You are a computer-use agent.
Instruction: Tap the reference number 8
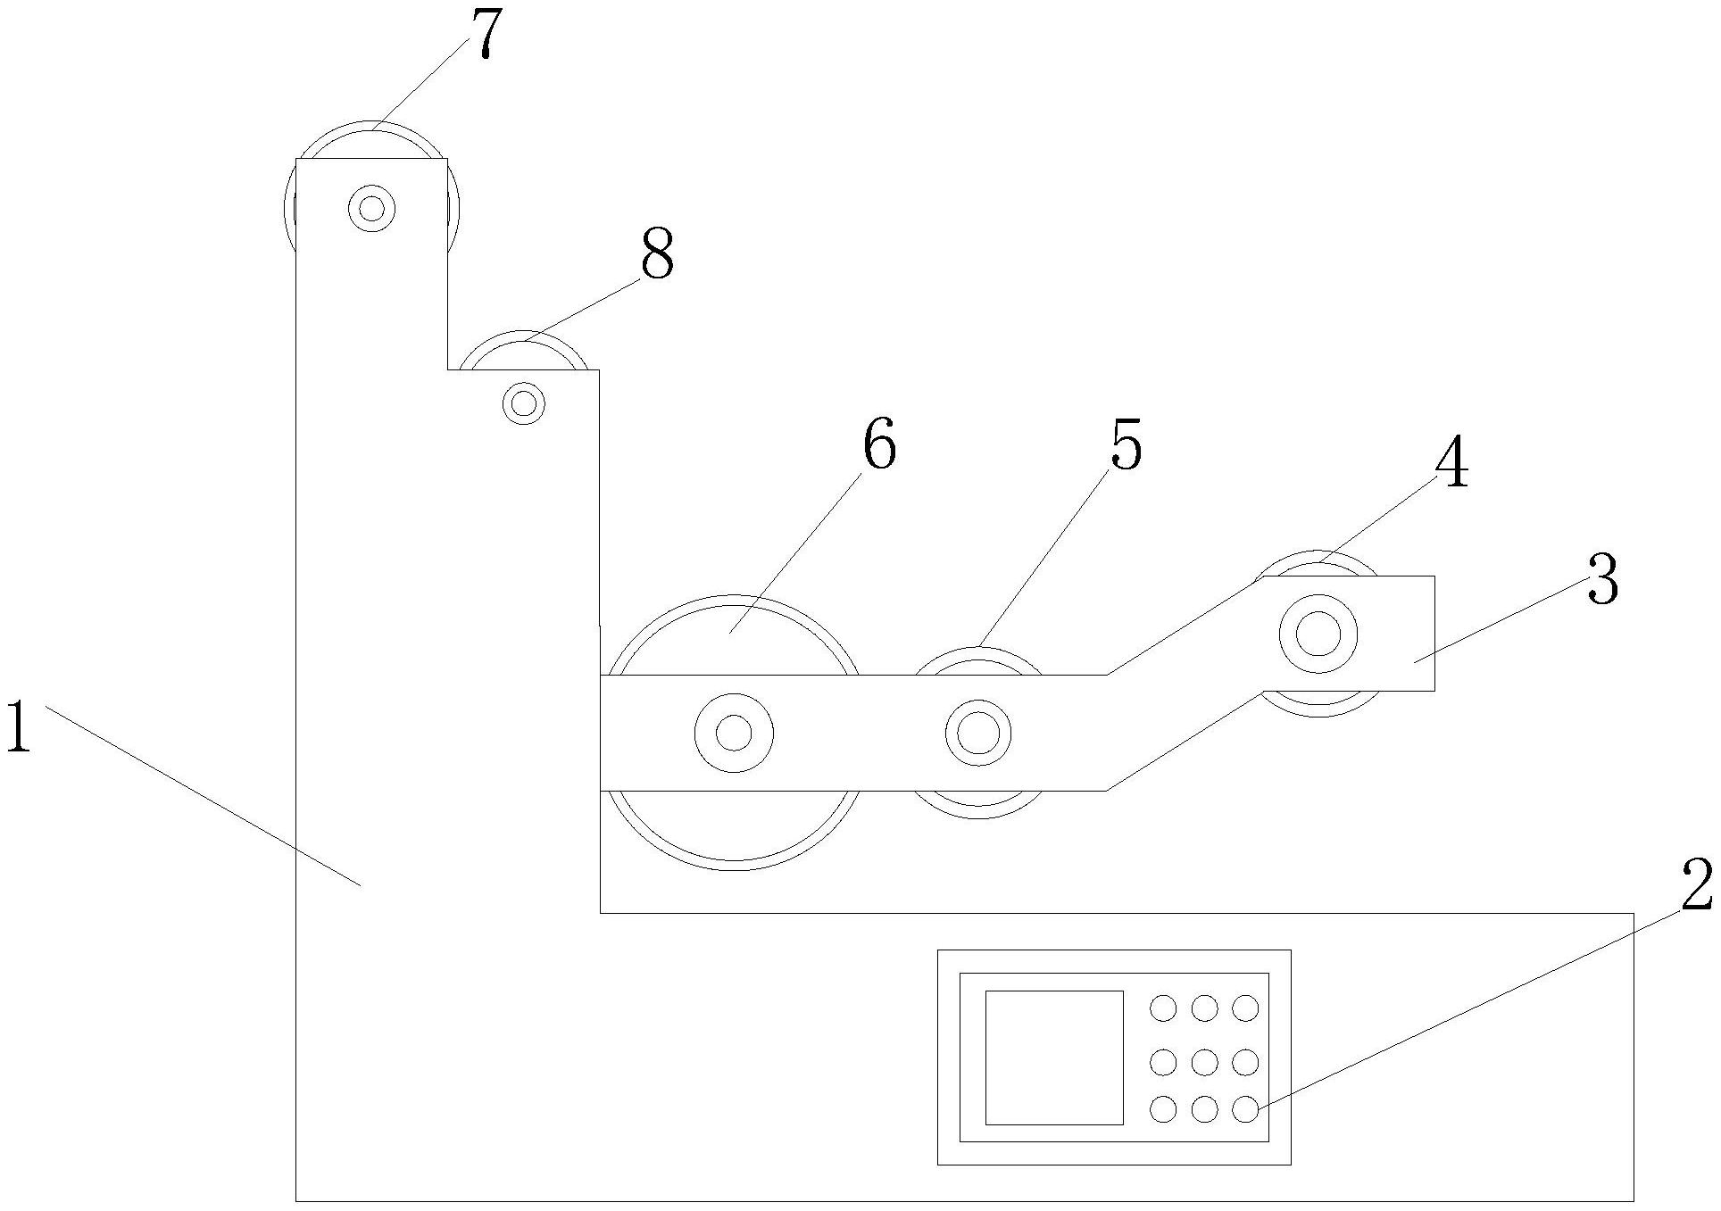tap(657, 255)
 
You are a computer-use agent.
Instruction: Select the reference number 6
tap(879, 444)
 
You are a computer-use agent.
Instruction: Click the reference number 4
tap(1451, 465)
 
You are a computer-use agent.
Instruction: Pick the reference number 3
tap(1602, 580)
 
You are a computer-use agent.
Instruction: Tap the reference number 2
tap(1696, 886)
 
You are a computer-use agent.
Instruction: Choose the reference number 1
tap(18, 727)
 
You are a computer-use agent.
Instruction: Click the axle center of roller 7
tap(371, 209)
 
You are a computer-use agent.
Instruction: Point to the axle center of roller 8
tap(524, 403)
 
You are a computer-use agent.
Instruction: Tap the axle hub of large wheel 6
tap(734, 733)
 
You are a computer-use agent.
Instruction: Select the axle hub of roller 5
tap(978, 733)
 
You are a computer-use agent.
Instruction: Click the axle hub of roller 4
tap(1318, 635)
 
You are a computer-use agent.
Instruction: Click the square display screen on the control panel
tap(1053, 1057)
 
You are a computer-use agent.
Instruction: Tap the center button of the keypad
tap(1204, 1062)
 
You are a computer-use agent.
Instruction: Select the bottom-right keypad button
tap(1245, 1109)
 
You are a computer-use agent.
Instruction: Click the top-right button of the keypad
tap(1245, 1008)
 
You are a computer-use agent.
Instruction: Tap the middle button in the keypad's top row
tap(1204, 1008)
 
